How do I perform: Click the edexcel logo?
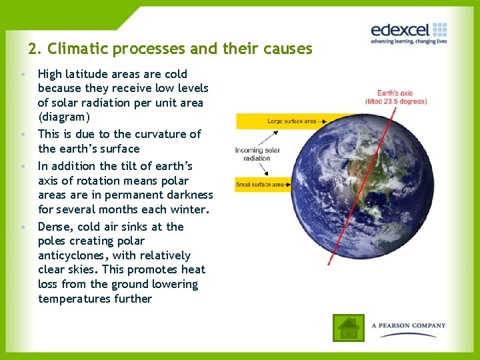click(409, 31)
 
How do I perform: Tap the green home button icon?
click(349, 327)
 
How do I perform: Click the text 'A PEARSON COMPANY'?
click(409, 326)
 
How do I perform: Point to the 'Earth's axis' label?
click(395, 93)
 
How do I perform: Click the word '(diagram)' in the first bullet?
click(64, 117)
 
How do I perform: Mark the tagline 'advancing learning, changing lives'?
click(409, 41)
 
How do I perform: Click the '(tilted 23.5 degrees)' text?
click(395, 101)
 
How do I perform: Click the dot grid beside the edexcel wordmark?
click(439, 29)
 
